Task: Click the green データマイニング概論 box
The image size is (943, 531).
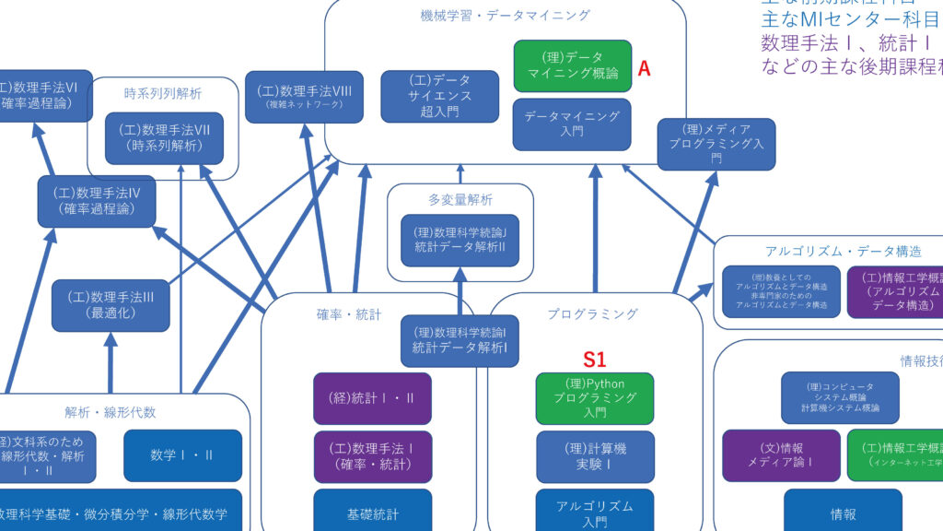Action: point(573,65)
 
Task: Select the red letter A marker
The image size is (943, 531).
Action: point(645,68)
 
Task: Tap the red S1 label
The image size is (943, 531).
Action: point(595,360)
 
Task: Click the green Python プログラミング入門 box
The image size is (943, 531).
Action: point(595,398)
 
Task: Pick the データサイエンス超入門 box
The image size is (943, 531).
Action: point(440,96)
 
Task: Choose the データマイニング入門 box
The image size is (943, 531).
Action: point(572,124)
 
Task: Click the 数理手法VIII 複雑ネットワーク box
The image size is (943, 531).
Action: point(304,97)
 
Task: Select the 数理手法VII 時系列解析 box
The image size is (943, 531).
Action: point(165,138)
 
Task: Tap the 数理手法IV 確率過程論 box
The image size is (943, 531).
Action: point(96,201)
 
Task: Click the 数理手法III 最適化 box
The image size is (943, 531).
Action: point(111,305)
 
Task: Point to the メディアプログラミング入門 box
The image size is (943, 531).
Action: point(716,143)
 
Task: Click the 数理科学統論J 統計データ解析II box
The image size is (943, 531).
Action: point(460,240)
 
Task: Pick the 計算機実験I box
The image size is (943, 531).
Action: point(595,456)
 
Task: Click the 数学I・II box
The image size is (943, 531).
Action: point(182,455)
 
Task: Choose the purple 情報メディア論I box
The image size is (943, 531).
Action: point(780,455)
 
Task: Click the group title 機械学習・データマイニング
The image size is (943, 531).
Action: point(506,15)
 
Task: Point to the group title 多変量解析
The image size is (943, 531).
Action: point(460,199)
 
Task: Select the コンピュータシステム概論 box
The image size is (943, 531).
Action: point(840,397)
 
